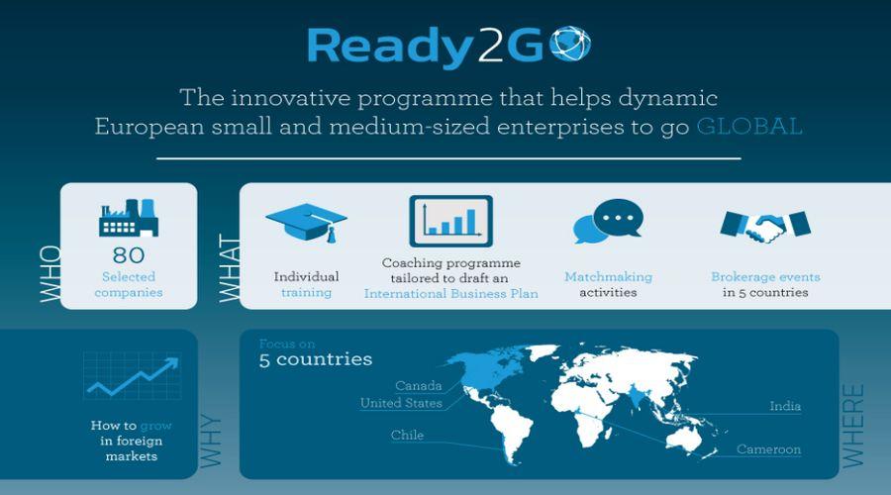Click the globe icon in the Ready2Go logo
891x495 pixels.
(570, 44)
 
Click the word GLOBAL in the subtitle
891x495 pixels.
(749, 126)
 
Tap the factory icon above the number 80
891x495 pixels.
(129, 218)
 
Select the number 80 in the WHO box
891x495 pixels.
(129, 255)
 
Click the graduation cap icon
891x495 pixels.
(306, 223)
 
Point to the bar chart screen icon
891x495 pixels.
(451, 221)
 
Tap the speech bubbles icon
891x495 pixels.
(608, 221)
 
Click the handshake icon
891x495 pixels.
(765, 226)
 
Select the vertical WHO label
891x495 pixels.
(50, 274)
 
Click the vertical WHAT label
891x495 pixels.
(229, 268)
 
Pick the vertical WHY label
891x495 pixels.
(211, 441)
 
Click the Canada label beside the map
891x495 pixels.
(418, 386)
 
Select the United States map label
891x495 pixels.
(401, 403)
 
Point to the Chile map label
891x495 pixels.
(407, 436)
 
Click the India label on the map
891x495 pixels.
(785, 406)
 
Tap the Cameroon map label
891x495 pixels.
(769, 449)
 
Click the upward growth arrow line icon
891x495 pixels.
(134, 375)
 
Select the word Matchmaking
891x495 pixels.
(608, 277)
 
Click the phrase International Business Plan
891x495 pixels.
(451, 293)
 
